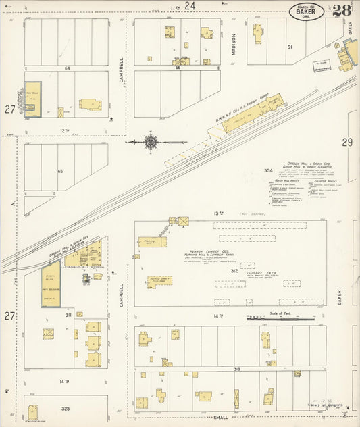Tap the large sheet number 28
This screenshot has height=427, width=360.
click(x=341, y=11)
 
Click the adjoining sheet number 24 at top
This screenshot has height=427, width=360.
click(x=191, y=5)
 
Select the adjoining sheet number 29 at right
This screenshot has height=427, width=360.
click(x=347, y=142)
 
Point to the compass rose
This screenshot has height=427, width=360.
click(x=151, y=143)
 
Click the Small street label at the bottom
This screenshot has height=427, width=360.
click(x=221, y=418)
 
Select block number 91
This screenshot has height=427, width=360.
click(x=290, y=47)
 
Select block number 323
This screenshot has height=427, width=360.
click(x=65, y=410)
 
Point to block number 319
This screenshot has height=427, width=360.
click(x=237, y=369)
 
